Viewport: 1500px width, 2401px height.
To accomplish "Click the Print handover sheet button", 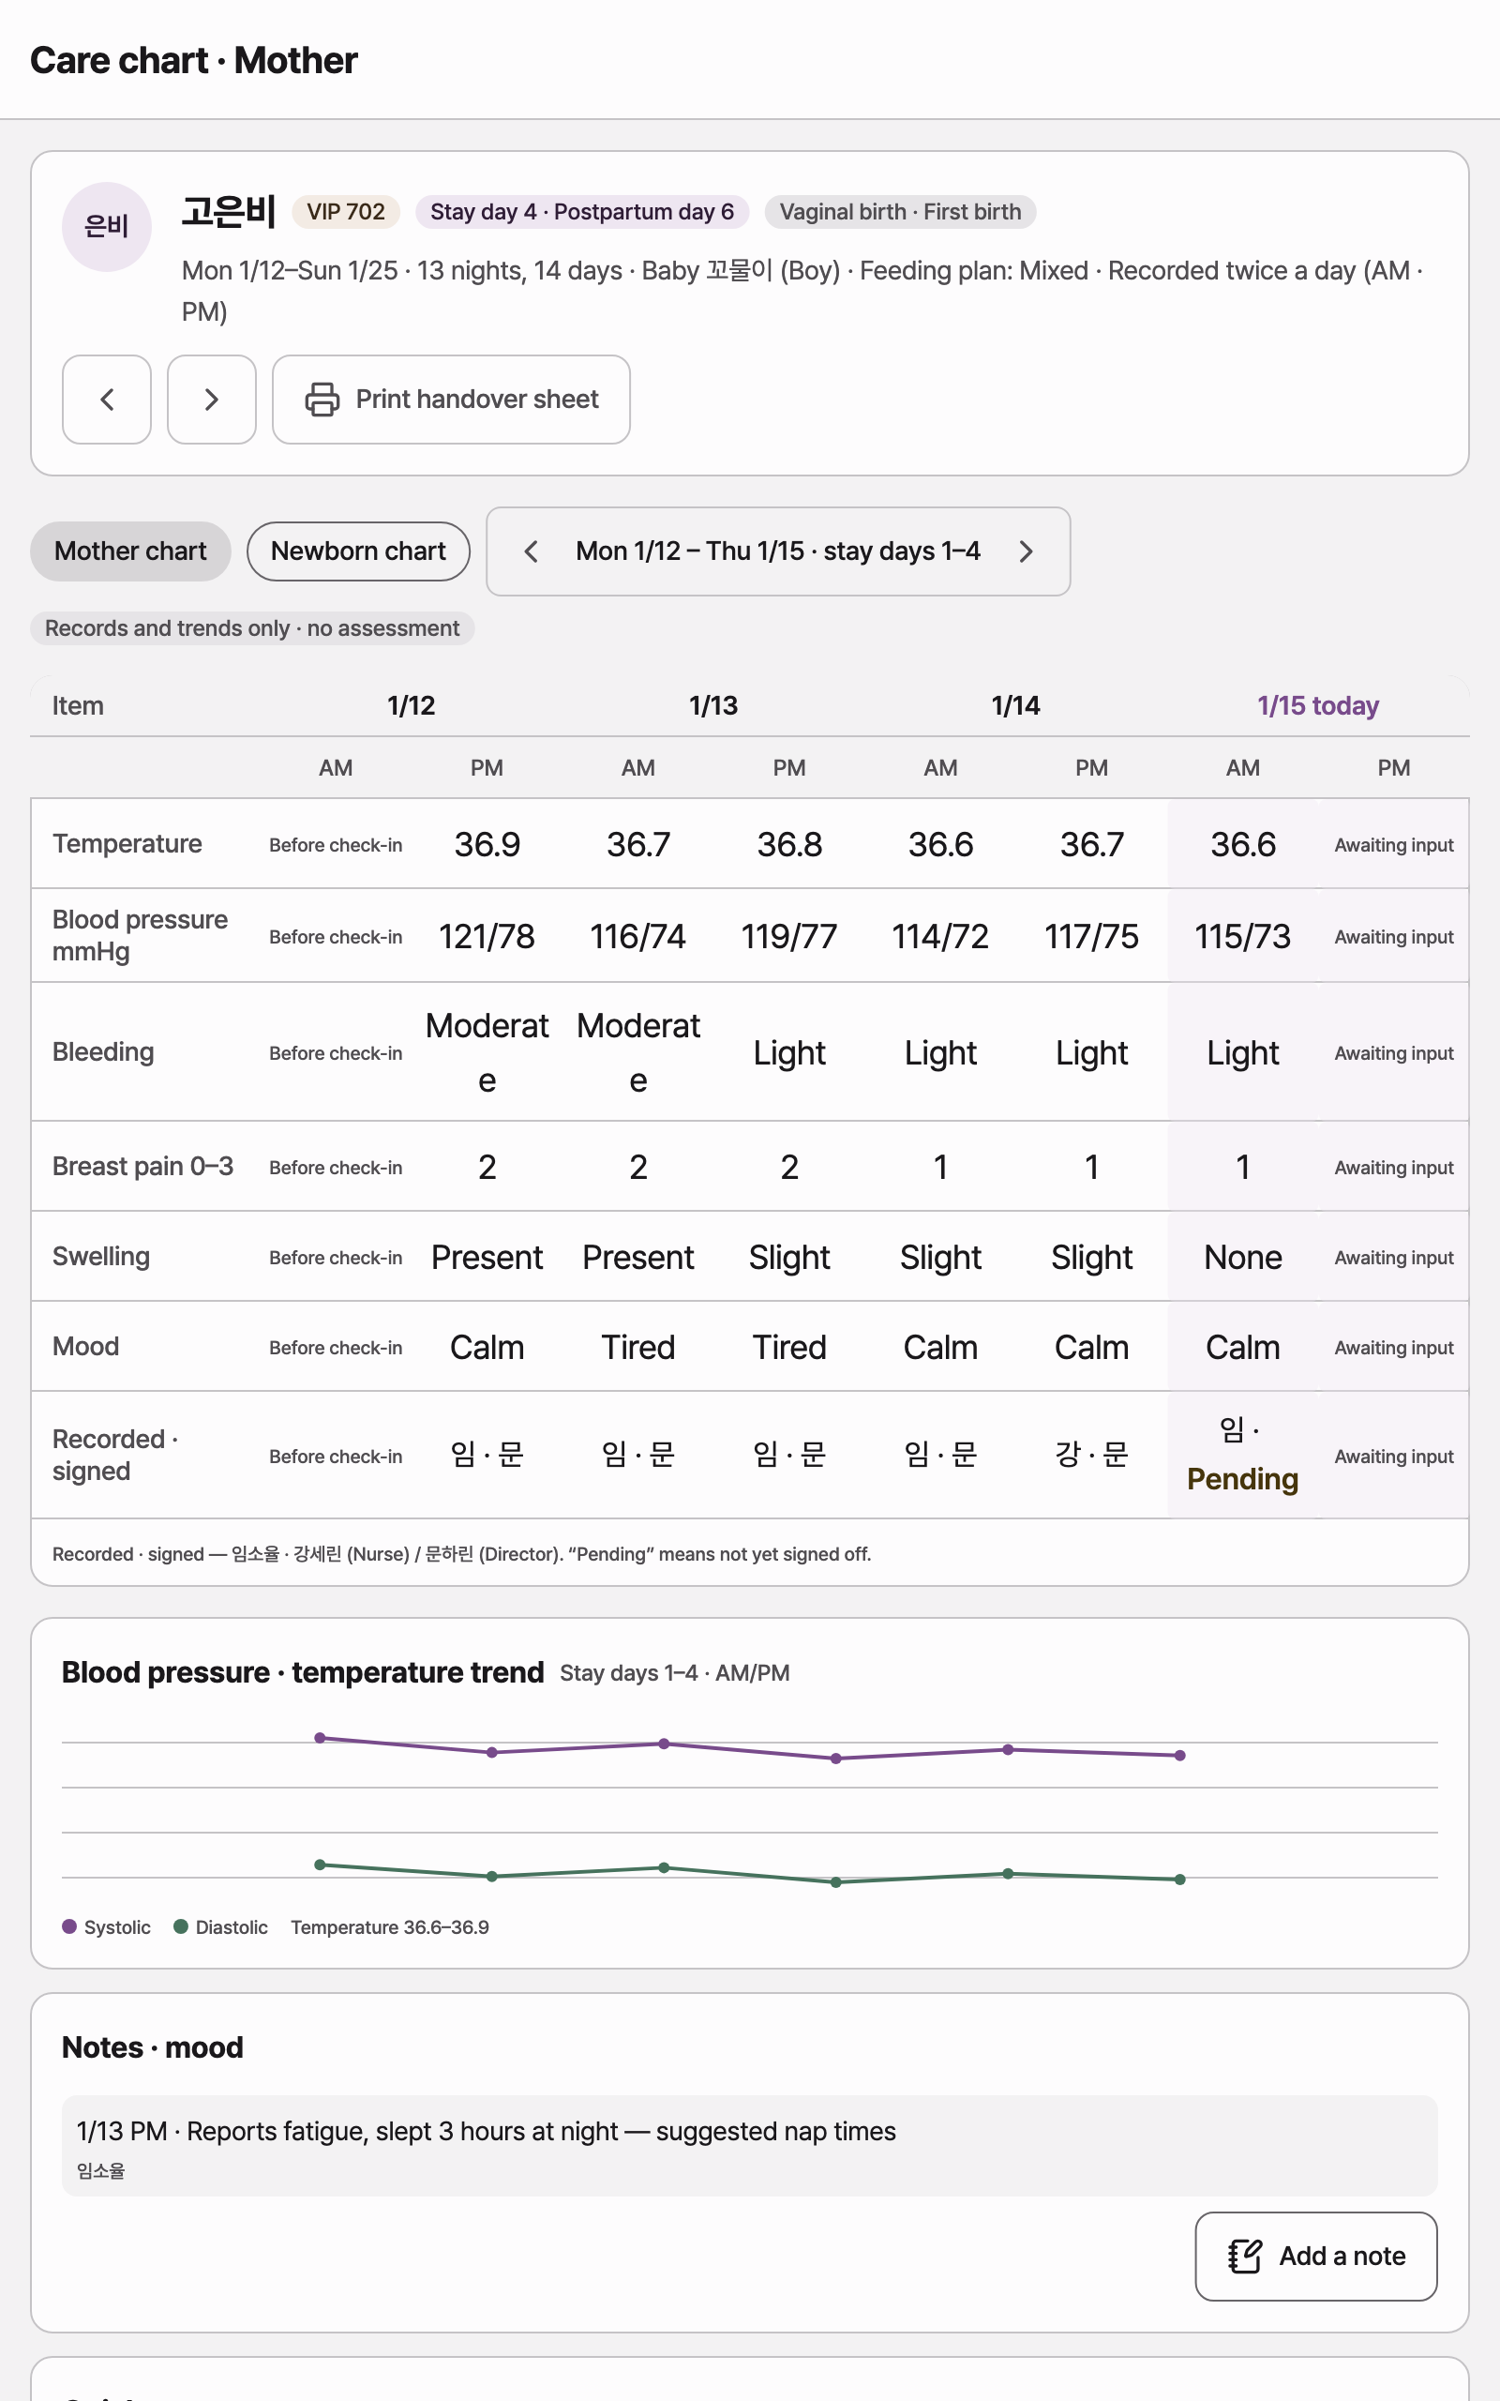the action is pyautogui.click(x=450, y=399).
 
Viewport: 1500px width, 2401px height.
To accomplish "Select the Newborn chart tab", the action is pyautogui.click(x=358, y=551).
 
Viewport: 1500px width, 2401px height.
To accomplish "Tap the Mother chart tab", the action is pyautogui.click(x=130, y=551).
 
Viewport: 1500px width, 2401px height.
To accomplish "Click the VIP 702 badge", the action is pyautogui.click(x=345, y=211).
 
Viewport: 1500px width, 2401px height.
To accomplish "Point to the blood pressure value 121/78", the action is pyautogui.click(x=487, y=936).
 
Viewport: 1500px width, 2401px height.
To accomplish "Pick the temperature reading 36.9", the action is pyautogui.click(x=487, y=844).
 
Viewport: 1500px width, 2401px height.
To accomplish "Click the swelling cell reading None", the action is pyautogui.click(x=1243, y=1257).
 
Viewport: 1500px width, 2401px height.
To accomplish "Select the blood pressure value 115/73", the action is pyautogui.click(x=1243, y=936).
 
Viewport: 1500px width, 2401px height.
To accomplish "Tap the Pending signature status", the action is pyautogui.click(x=1243, y=1478).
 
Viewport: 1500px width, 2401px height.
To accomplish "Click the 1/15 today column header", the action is pyautogui.click(x=1318, y=705).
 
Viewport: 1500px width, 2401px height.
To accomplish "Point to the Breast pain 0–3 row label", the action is pyautogui.click(x=142, y=1166).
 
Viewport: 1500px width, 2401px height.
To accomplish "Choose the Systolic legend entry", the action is pyautogui.click(x=106, y=1926).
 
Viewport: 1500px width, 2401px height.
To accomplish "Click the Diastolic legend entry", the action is pyautogui.click(x=220, y=1926).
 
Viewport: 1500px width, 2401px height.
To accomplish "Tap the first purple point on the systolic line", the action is pyautogui.click(x=320, y=1737).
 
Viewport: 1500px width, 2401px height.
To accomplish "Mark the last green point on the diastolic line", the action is pyautogui.click(x=1179, y=1880).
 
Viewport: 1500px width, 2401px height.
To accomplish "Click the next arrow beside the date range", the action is pyautogui.click(x=1026, y=551).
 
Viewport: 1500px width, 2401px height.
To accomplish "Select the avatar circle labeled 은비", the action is pyautogui.click(x=106, y=226).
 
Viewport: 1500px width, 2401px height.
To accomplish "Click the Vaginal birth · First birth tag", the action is pyautogui.click(x=900, y=211).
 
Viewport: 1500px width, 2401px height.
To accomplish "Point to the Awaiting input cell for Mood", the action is pyautogui.click(x=1394, y=1348).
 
